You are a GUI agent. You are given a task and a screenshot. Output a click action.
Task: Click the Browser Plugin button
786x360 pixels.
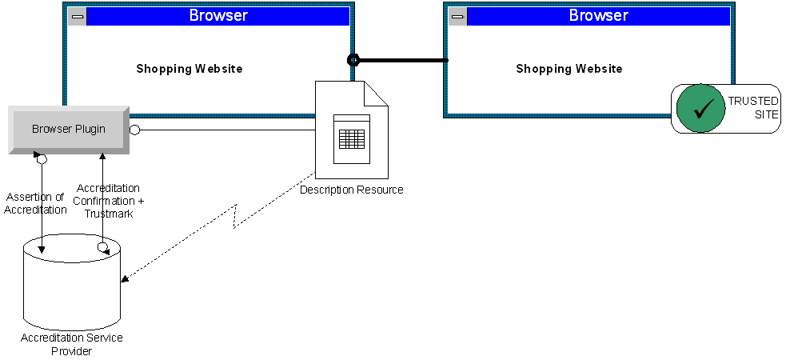coord(68,129)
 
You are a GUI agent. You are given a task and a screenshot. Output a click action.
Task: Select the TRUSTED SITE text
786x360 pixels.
coord(752,108)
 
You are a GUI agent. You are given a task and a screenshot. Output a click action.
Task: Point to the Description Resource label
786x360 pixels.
coord(351,190)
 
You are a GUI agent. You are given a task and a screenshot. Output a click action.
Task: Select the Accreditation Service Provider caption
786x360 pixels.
coord(72,344)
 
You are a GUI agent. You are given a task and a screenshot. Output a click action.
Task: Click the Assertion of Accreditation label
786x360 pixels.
coord(35,203)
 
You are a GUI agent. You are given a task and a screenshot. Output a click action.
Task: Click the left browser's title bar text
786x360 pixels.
coord(217,16)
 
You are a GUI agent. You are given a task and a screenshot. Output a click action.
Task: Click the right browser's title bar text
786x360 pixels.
coord(597,16)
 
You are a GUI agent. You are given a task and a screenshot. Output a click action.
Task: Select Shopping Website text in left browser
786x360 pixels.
coord(189,69)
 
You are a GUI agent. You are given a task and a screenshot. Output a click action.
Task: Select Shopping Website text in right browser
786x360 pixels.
coord(569,69)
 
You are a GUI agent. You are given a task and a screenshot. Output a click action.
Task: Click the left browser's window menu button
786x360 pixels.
coord(77,16)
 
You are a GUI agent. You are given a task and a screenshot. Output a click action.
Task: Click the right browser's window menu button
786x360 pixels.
coord(457,16)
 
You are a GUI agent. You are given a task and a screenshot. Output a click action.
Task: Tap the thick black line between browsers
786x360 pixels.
coord(400,60)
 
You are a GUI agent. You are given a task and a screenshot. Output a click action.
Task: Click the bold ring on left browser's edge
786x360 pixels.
coord(353,60)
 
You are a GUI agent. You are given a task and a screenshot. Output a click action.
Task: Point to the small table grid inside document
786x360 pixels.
coord(352,138)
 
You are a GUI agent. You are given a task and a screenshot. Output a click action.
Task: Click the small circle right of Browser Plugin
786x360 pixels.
coord(135,130)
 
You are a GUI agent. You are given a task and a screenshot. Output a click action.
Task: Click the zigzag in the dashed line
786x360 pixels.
coord(236,215)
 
